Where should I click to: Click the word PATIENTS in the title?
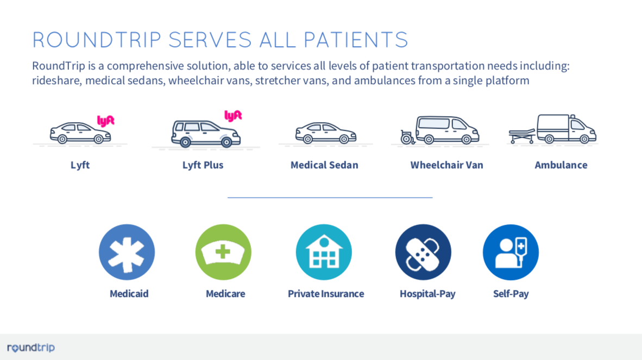pyautogui.click(x=356, y=40)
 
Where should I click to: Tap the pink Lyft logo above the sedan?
pyautogui.click(x=105, y=121)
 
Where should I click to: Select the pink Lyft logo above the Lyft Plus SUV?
pyautogui.click(x=233, y=116)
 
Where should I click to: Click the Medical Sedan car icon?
pyautogui.click(x=326, y=133)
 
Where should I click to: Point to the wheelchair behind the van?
pyautogui.click(x=407, y=137)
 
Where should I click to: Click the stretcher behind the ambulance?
pyautogui.click(x=522, y=135)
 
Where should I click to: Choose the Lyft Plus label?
pyautogui.click(x=203, y=165)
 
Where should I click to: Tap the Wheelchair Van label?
pyautogui.click(x=446, y=165)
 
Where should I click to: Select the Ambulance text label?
pyautogui.click(x=561, y=165)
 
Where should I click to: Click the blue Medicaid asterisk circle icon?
pyautogui.click(x=127, y=252)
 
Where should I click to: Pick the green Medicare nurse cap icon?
pyautogui.click(x=223, y=252)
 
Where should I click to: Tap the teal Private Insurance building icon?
pyautogui.click(x=324, y=252)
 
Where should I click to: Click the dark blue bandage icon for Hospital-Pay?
pyautogui.click(x=423, y=252)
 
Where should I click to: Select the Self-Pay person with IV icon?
pyautogui.click(x=511, y=252)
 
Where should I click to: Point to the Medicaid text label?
pyautogui.click(x=129, y=294)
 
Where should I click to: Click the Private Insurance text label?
pyautogui.click(x=326, y=294)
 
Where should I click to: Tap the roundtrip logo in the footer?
pyautogui.click(x=31, y=348)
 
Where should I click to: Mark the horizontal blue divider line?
pyautogui.click(x=330, y=197)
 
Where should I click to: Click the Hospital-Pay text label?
pyautogui.click(x=427, y=294)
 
